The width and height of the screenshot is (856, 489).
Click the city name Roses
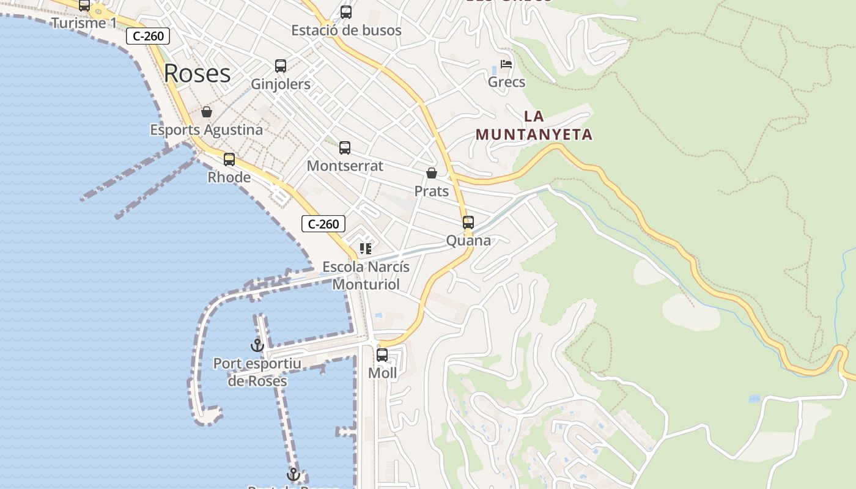tap(197, 73)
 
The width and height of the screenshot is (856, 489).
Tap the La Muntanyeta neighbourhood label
tap(534, 125)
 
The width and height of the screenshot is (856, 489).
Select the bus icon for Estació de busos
tap(346, 12)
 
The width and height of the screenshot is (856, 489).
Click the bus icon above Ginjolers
tap(281, 66)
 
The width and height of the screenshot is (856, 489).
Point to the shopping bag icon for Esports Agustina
tap(207, 112)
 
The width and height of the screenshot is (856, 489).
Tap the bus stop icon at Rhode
tap(229, 160)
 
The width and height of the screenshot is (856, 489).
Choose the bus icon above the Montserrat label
tap(345, 148)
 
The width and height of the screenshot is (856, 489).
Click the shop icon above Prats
tap(432, 173)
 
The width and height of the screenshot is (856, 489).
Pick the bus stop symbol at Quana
tap(468, 222)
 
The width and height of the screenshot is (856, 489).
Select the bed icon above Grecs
tap(506, 64)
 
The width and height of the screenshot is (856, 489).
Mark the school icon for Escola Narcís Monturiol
tap(366, 249)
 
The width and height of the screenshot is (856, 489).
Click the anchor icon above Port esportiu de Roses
tap(257, 345)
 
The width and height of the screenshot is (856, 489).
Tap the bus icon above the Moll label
tap(382, 355)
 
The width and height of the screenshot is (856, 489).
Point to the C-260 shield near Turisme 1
tap(148, 36)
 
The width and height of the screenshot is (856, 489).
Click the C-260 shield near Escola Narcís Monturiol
tap(323, 224)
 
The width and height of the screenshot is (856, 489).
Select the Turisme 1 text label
tap(84, 23)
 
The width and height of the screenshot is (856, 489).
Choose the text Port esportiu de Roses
tap(257, 372)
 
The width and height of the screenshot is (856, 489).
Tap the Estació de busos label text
tap(346, 30)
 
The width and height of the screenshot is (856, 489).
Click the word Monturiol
tap(366, 284)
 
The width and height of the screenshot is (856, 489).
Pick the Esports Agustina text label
tap(207, 130)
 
